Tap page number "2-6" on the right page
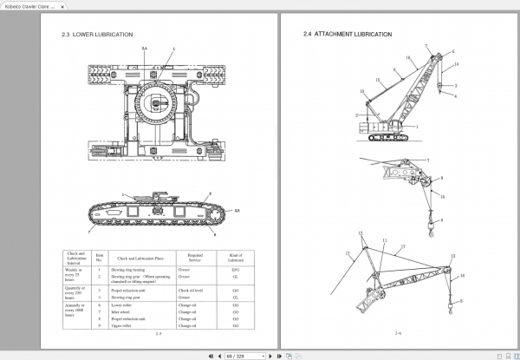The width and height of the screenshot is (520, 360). tap(398, 333)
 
